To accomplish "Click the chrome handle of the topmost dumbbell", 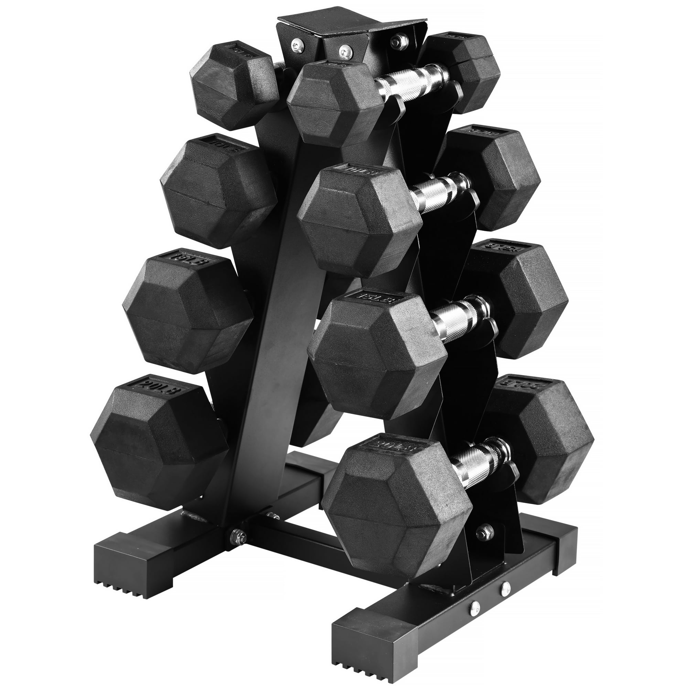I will pos(411,83).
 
